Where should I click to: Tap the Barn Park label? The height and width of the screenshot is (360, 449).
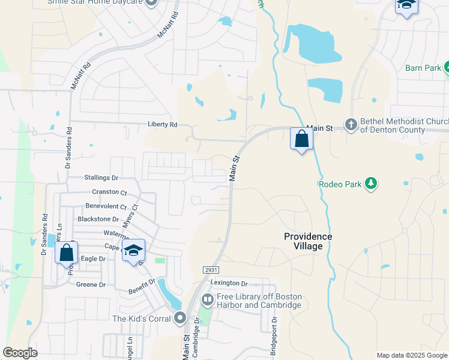click(423, 68)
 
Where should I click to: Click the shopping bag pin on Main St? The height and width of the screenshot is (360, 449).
click(301, 139)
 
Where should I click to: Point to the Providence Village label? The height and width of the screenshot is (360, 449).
click(307, 241)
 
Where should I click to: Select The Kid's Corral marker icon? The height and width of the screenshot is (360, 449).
click(179, 319)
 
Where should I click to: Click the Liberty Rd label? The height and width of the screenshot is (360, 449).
click(162, 125)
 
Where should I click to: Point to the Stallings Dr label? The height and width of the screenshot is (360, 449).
click(101, 178)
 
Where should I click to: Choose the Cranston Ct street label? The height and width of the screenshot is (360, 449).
click(109, 193)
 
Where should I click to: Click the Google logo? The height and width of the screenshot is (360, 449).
click(20, 353)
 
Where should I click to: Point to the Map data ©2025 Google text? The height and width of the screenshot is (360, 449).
click(411, 355)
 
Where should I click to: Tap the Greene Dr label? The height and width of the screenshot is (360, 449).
click(91, 285)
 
